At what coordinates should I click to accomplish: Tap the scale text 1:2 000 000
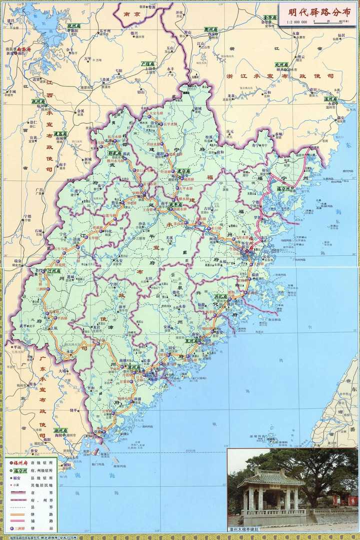point(297,22)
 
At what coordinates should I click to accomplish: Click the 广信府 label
point(147,64)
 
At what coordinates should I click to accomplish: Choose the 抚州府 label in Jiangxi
point(39,101)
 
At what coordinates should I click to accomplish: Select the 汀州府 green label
point(54,271)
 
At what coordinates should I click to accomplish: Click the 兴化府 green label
point(221,297)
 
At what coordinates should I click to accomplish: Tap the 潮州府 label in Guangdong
point(61,430)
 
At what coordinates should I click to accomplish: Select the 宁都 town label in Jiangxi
point(27,217)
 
